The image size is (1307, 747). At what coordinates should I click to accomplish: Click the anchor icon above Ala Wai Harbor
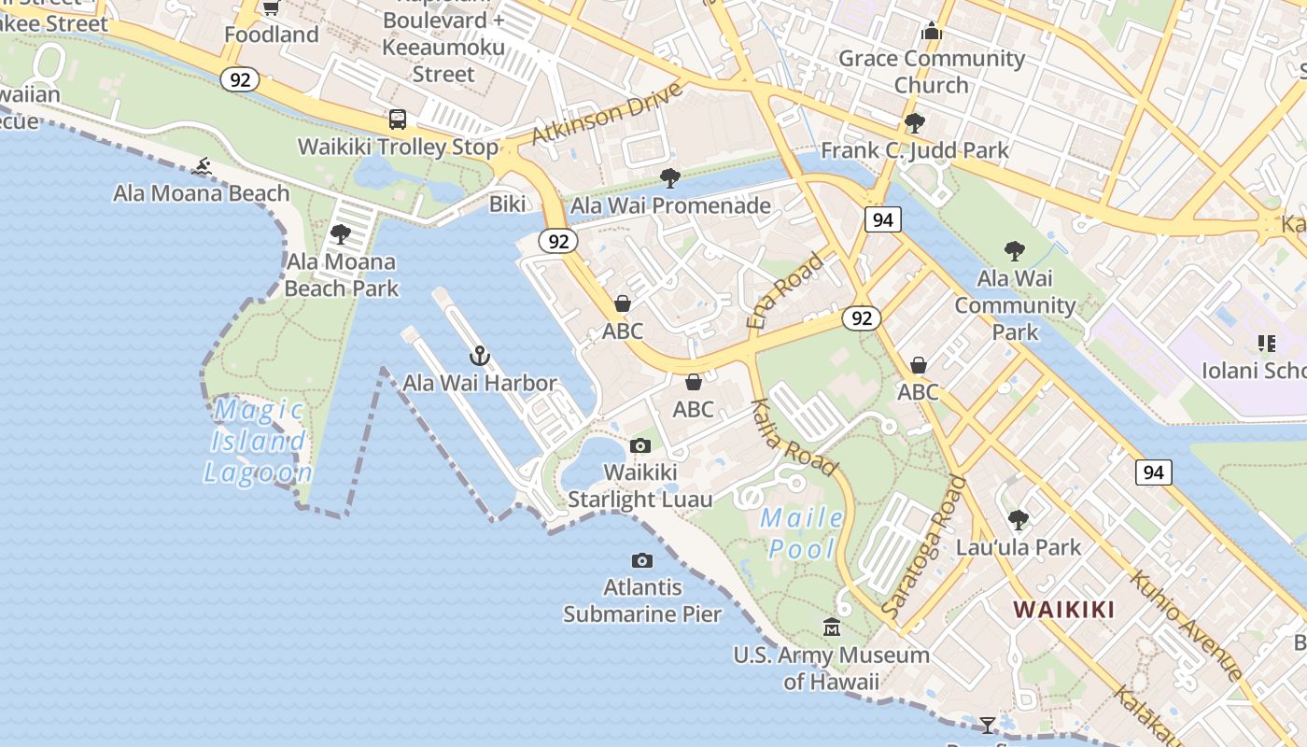(x=479, y=356)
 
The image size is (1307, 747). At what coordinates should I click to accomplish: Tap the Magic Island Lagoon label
(x=258, y=441)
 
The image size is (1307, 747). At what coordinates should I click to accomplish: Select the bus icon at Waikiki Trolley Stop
(x=398, y=120)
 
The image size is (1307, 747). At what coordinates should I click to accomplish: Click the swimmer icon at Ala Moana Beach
(x=201, y=167)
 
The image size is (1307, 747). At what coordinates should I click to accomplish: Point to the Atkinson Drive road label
(x=607, y=115)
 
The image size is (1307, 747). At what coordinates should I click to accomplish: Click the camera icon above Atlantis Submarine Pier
(x=642, y=560)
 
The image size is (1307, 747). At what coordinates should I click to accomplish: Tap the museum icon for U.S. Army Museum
(x=832, y=627)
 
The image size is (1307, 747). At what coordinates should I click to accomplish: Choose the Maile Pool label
(x=802, y=533)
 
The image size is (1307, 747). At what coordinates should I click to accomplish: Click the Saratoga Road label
(x=925, y=545)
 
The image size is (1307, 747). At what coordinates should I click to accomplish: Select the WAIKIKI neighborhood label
(x=1064, y=610)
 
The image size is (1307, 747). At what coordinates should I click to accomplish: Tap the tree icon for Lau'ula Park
(x=1019, y=519)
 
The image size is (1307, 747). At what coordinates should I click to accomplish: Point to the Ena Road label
(x=785, y=290)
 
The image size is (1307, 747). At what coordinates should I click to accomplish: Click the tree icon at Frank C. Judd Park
(x=915, y=122)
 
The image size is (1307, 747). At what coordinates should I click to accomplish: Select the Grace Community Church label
(x=932, y=72)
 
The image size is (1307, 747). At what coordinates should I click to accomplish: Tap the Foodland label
(x=272, y=35)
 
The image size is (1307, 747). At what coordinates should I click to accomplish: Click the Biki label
(x=508, y=204)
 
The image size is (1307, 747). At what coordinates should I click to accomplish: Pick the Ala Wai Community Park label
(x=1015, y=304)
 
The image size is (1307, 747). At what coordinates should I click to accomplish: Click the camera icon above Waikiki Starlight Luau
(x=640, y=445)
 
